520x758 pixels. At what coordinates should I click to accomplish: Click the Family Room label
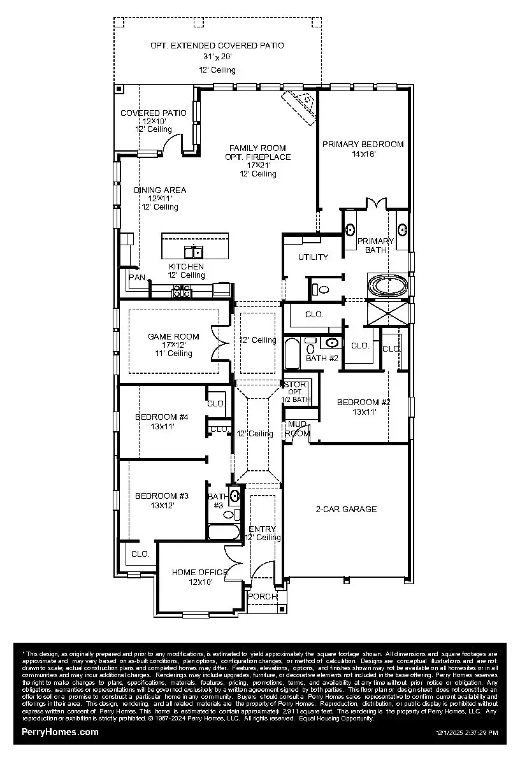(258, 148)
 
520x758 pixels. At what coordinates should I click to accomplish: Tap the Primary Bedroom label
(363, 145)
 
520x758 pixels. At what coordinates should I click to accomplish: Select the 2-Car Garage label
(346, 509)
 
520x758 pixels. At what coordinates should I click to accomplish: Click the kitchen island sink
(194, 251)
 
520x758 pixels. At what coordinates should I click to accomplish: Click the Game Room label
(173, 336)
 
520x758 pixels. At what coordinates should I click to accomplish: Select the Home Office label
(199, 572)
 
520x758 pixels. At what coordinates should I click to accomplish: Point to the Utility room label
(314, 257)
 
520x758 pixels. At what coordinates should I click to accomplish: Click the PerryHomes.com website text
(61, 732)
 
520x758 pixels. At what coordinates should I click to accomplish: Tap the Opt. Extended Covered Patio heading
(217, 46)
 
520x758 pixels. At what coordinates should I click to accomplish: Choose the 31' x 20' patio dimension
(217, 57)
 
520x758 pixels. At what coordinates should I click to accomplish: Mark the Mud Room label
(297, 429)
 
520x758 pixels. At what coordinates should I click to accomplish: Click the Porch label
(263, 596)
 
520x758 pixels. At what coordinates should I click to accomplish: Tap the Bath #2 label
(322, 358)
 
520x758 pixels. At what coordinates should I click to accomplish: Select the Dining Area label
(160, 190)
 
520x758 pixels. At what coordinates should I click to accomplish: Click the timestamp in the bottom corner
(467, 733)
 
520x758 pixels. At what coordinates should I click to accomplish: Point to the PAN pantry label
(137, 277)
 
